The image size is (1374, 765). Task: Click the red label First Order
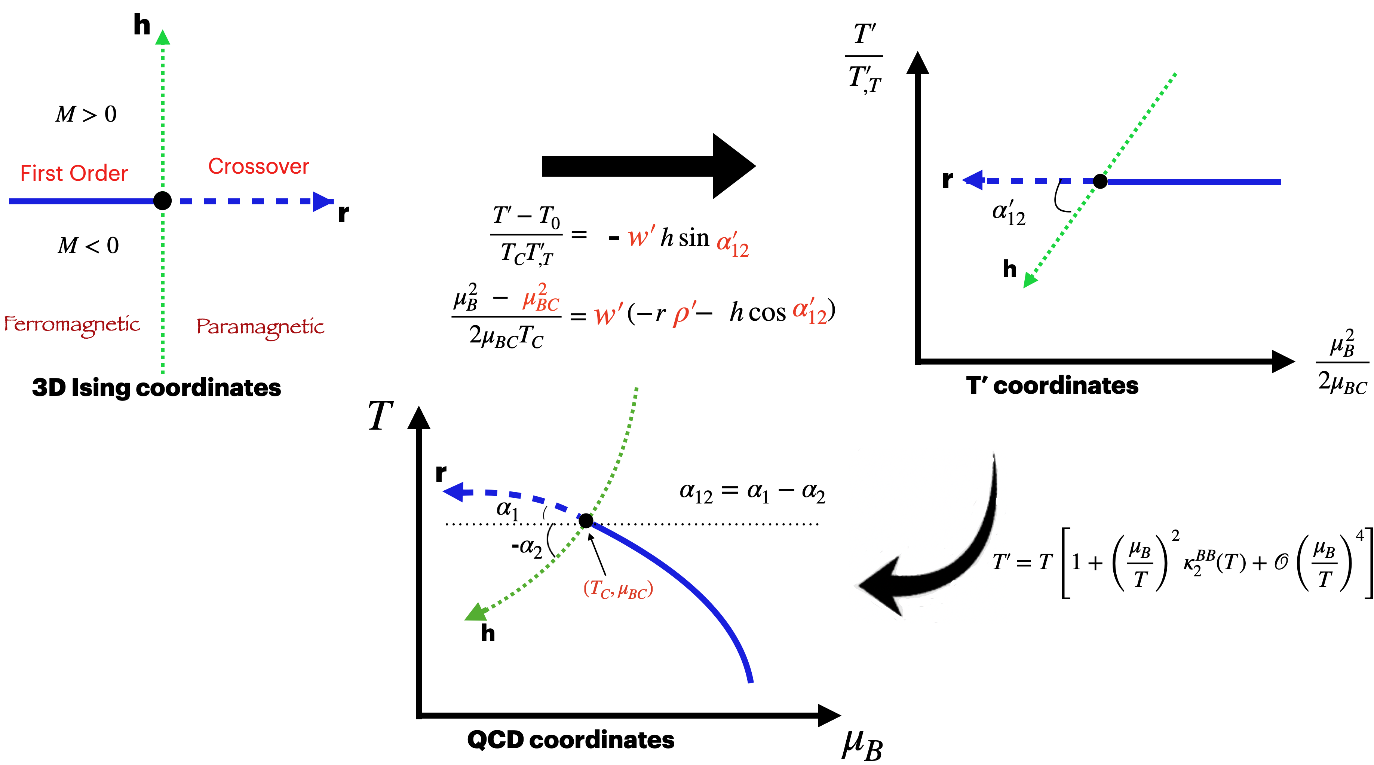point(74,174)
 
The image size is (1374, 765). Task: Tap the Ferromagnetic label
point(72,324)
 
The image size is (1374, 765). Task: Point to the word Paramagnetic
point(260,327)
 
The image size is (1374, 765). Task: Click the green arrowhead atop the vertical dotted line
point(163,37)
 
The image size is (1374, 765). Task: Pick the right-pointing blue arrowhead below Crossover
point(322,202)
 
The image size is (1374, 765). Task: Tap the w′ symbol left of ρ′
point(608,314)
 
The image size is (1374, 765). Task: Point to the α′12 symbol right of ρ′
point(809,311)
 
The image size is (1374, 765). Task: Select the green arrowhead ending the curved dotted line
point(476,613)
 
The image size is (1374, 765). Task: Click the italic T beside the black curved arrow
point(999,562)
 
